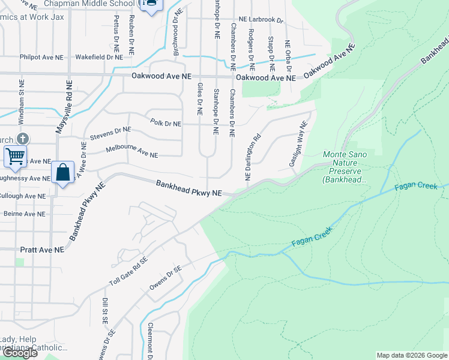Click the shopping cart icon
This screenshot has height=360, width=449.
15,157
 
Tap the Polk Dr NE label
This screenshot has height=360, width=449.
165,124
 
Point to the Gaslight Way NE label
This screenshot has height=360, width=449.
298,144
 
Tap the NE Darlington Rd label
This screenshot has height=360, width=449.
253,157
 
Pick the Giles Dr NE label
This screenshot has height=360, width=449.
199,100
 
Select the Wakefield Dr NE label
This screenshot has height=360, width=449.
98,58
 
